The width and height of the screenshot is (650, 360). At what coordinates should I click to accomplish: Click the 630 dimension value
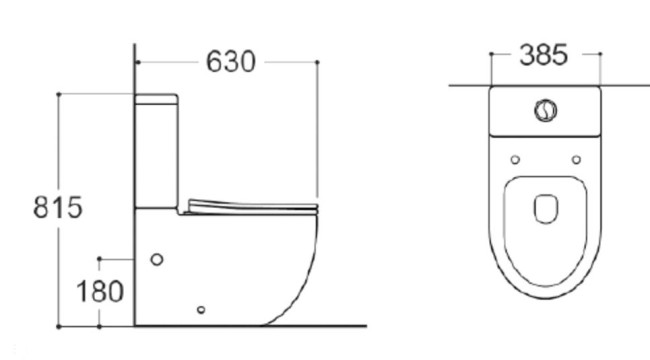coord(230,61)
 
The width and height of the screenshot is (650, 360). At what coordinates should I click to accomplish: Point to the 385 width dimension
coord(544,55)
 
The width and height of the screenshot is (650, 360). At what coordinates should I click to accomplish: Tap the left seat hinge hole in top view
coord(514,159)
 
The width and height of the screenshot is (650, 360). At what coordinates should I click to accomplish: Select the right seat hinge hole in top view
coord(577,159)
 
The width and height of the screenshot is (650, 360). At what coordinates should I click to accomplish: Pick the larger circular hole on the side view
coord(156,260)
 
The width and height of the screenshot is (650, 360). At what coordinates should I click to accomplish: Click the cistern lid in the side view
coord(158,98)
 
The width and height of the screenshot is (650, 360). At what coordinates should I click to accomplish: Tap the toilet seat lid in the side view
coord(250,205)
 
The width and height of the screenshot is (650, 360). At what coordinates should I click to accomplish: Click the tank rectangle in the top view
coord(546,112)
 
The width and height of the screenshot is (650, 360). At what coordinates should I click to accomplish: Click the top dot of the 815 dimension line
coord(60,93)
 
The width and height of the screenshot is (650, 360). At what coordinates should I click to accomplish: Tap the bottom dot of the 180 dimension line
coord(101,326)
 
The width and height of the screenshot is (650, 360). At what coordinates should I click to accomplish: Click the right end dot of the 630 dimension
coord(317,62)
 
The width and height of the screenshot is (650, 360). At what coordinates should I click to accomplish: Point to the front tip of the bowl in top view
coord(546,299)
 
